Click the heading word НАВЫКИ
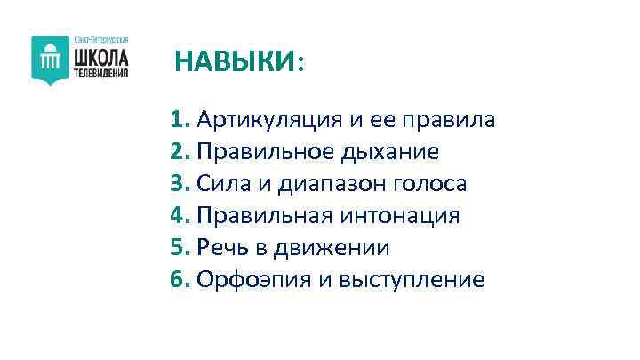pos(236,62)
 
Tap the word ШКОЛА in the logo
pos(100,58)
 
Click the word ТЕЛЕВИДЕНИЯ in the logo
pos(100,73)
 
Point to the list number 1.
pos(180,120)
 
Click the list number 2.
pos(180,152)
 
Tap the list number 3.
pos(180,184)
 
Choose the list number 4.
pos(180,216)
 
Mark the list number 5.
pos(180,248)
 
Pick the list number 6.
pos(180,280)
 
